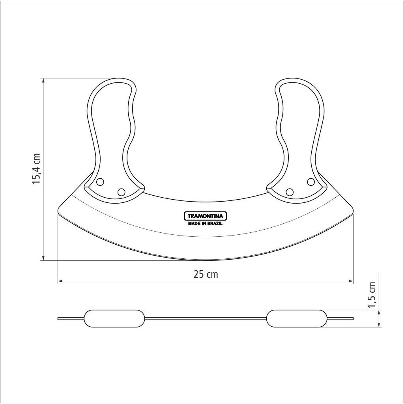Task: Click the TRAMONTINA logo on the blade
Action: [x=205, y=216]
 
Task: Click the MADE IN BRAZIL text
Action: [x=205, y=224]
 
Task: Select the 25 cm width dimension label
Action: [x=206, y=275]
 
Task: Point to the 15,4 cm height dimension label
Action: [x=36, y=168]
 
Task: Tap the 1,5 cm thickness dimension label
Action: [x=372, y=294]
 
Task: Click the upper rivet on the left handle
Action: [x=100, y=182]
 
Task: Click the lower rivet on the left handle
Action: [x=121, y=192]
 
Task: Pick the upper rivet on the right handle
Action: [x=311, y=181]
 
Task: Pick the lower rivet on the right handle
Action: [x=290, y=192]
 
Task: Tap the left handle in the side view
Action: [x=114, y=318]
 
